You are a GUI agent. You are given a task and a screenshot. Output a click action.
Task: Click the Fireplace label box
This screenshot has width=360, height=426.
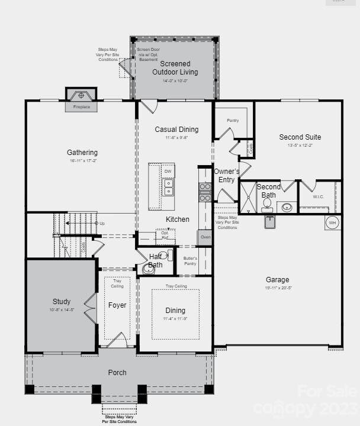(82, 107)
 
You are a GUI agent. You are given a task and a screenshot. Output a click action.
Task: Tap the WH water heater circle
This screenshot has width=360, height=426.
(332, 222)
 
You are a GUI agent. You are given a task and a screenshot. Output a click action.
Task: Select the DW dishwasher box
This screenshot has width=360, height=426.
(168, 172)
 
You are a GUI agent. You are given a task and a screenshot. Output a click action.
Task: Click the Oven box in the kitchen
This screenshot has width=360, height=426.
(205, 237)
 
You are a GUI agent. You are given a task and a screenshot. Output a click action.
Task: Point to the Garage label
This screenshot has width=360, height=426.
(277, 280)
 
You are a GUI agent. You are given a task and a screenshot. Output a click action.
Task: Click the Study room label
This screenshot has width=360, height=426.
(61, 302)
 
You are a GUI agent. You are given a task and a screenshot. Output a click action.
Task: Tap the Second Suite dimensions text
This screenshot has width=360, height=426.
(300, 146)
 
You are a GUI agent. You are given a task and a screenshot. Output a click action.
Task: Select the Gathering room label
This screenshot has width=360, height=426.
(82, 153)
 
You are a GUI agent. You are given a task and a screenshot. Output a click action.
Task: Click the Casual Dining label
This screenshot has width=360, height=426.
(176, 130)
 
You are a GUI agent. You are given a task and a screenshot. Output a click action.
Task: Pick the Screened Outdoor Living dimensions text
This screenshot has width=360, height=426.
(175, 81)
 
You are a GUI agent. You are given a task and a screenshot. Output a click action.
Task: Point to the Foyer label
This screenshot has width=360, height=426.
(117, 305)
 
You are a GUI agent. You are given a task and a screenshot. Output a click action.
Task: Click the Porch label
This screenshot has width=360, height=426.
(117, 373)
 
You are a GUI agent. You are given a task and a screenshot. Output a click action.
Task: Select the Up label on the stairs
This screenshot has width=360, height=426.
(102, 224)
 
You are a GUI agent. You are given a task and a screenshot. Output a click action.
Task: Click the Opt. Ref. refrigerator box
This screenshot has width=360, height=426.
(165, 235)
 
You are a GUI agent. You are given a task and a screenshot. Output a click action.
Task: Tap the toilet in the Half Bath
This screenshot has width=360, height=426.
(148, 269)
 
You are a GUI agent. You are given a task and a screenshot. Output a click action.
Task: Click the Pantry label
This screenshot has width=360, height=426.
(232, 120)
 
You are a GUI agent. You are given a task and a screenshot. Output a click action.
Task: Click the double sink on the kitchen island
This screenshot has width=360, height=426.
(168, 188)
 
